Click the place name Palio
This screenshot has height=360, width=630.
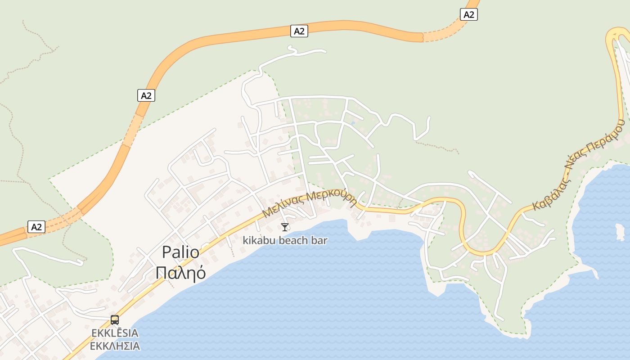(180, 252)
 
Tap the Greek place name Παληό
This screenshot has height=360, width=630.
(180, 272)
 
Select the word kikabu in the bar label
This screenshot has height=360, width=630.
(259, 240)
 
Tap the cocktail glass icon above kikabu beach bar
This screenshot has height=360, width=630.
(284, 227)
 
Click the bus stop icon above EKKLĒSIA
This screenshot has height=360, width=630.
(115, 320)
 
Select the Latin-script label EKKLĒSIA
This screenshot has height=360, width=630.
(115, 333)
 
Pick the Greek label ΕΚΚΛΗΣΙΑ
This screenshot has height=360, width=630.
(115, 346)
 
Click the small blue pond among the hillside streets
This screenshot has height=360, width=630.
(352, 122)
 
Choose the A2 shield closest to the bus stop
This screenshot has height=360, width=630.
(36, 227)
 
